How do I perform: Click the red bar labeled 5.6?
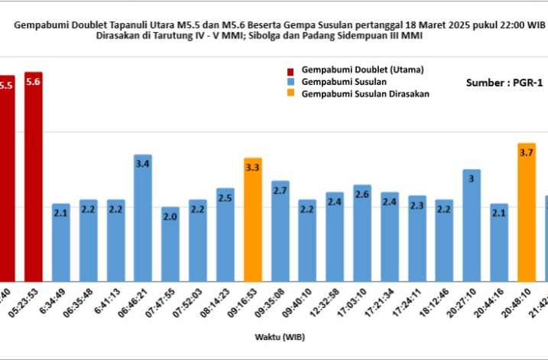(33, 176)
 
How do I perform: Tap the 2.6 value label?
(362, 195)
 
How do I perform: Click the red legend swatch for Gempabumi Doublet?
(292, 70)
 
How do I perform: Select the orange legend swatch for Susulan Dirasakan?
(292, 94)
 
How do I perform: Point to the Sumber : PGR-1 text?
(504, 83)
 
